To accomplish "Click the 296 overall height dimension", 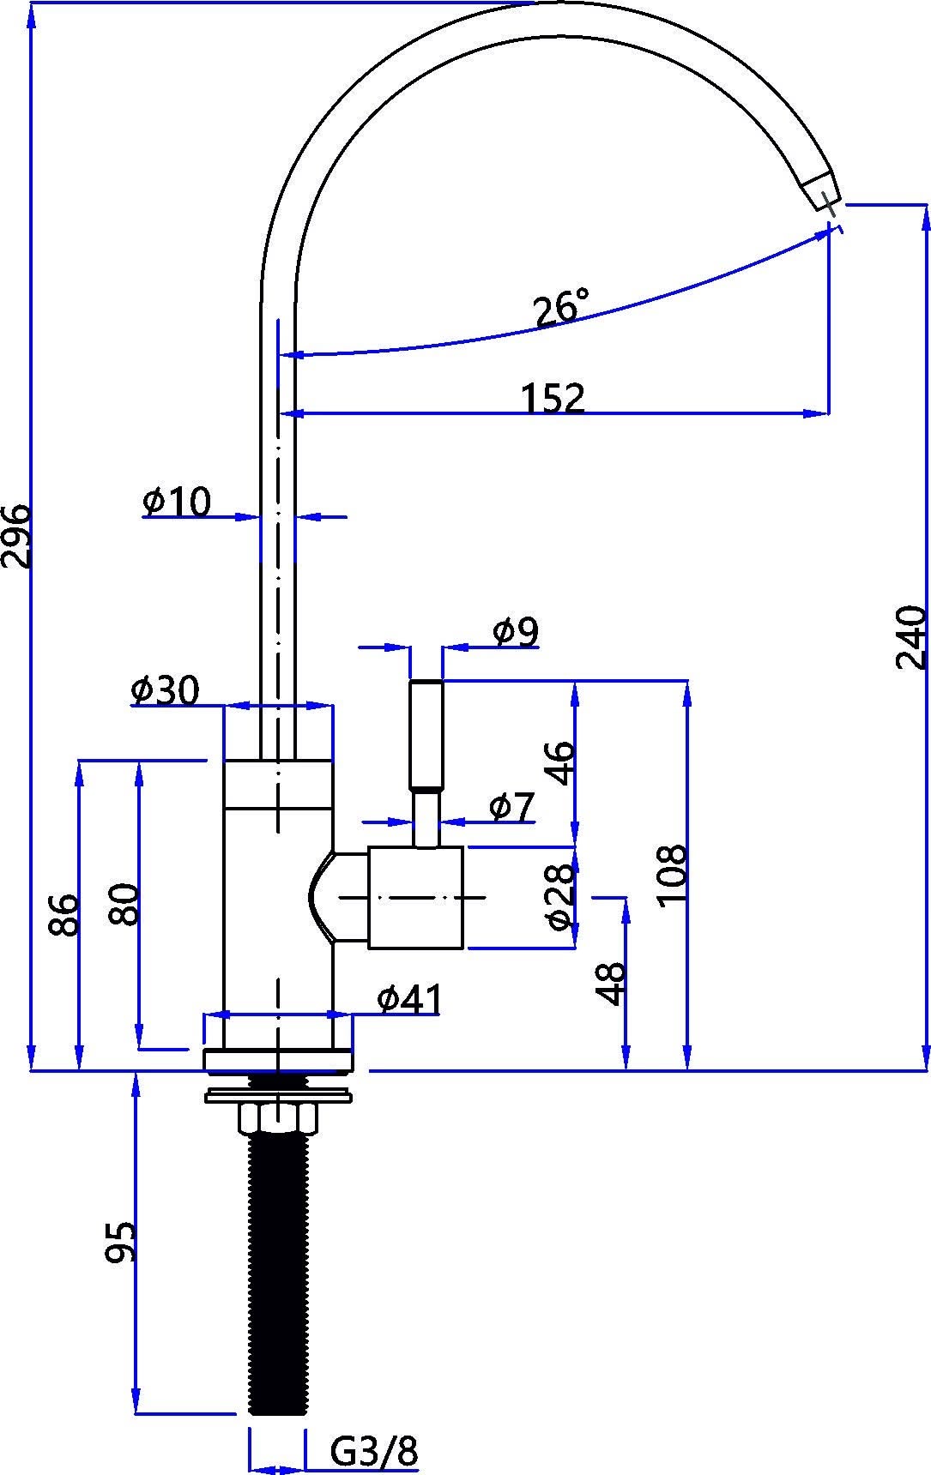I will tap(17, 535).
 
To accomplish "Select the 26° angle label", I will tap(561, 308).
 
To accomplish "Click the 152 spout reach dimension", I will tap(553, 398).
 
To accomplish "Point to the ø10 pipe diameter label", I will tap(177, 503).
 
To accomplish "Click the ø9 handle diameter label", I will tap(516, 632).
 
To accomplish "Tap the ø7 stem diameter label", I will tap(511, 806).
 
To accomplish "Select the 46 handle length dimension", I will tap(559, 762).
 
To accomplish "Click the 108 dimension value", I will tap(673, 874).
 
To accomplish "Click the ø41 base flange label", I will tap(409, 998).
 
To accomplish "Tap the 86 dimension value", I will tap(64, 915).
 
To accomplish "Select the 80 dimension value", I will tap(124, 903).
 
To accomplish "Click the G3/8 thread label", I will tap(374, 1452).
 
